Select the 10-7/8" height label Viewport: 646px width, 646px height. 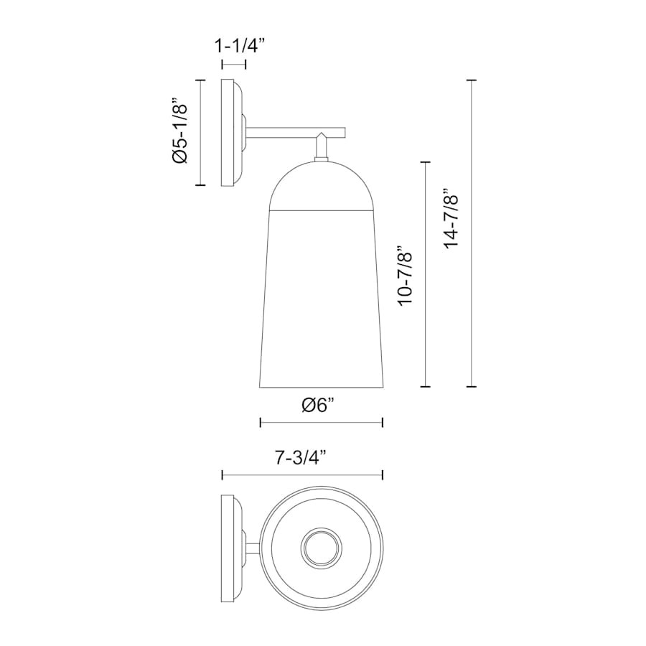[x=406, y=276]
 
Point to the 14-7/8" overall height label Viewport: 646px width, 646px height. [x=451, y=218]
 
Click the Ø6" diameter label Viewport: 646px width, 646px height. [x=318, y=406]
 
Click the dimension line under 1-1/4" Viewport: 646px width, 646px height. [x=234, y=65]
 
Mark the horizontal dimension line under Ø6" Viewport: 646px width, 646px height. [x=322, y=422]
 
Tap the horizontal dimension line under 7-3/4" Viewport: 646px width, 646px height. [x=303, y=475]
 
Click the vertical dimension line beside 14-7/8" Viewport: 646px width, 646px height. [x=472, y=233]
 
